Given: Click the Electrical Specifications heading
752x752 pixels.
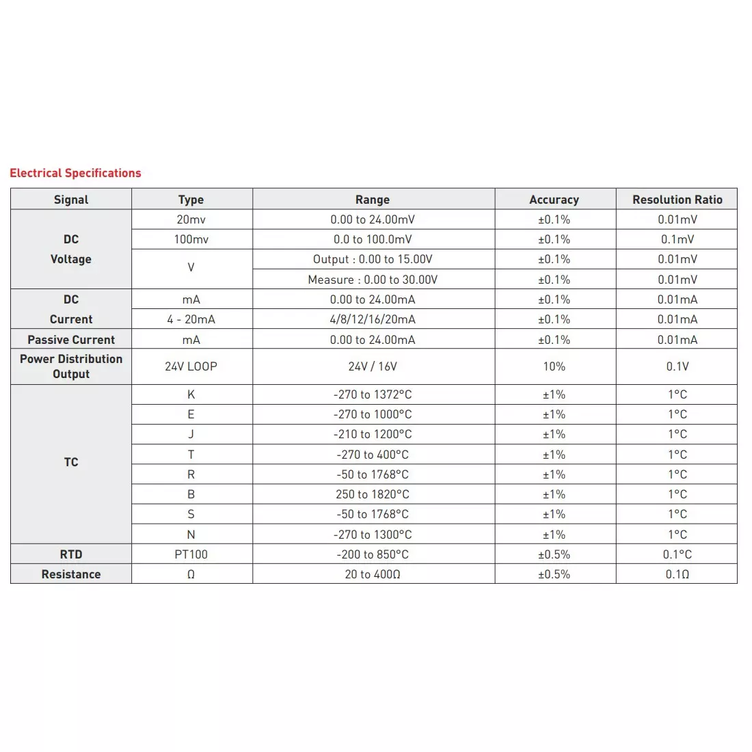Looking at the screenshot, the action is (75, 173).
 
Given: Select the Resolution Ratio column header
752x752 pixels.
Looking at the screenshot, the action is (677, 200).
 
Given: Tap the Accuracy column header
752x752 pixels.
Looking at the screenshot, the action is (554, 200).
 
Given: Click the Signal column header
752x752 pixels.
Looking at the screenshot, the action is (71, 200).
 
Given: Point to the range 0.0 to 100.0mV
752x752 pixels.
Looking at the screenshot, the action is (373, 239).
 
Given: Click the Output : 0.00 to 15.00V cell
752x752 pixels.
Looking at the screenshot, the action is (373, 259).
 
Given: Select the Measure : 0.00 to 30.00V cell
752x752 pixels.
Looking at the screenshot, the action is (373, 280).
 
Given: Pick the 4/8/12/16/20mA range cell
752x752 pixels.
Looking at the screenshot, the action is (373, 319).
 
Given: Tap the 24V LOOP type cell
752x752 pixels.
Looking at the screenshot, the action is (191, 366).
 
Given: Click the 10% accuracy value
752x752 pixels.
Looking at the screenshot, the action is (554, 366).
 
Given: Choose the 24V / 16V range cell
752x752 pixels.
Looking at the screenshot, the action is (373, 366).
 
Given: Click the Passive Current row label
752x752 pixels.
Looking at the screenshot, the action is (71, 340).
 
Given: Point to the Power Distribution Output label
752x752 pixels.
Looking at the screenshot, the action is (71, 366).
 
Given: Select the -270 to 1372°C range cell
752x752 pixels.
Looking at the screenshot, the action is (373, 394).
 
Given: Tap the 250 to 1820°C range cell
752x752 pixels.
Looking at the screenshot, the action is (373, 494).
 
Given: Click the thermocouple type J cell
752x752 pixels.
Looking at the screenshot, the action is (191, 434).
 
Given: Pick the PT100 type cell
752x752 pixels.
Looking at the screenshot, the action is (191, 554).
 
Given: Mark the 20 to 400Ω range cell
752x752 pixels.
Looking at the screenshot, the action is (373, 574).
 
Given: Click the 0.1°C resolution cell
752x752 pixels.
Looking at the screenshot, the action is (677, 554).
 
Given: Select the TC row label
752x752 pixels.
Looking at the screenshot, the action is (71, 462).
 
